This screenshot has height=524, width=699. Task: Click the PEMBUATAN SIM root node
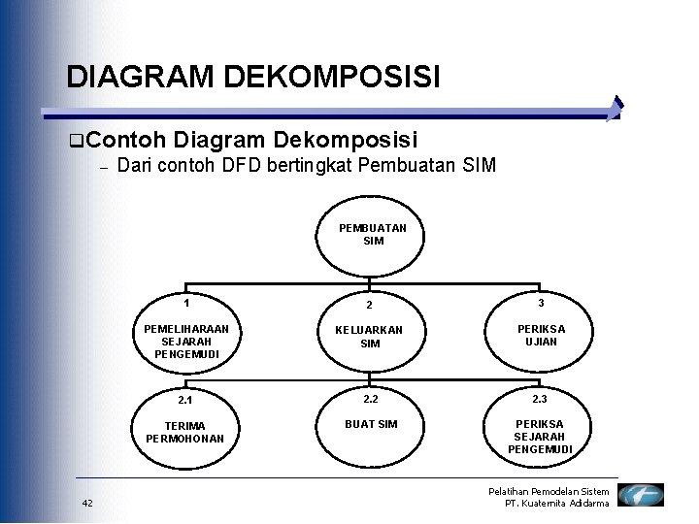point(373,234)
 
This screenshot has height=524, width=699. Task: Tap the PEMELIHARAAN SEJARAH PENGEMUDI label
point(185,342)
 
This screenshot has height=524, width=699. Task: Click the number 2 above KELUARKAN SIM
point(370,305)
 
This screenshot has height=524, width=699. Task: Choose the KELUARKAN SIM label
point(370,337)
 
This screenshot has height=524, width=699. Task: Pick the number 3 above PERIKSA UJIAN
point(540,303)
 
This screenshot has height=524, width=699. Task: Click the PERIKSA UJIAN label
point(540,336)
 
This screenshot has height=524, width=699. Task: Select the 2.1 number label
point(184,400)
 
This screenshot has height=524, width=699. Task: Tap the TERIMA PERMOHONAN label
point(184,433)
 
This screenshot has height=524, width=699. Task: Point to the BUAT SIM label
point(371,424)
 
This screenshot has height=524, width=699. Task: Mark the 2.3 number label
point(540,399)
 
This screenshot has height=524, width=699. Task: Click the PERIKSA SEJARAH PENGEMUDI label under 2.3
point(540,437)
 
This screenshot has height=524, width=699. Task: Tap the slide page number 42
point(87,502)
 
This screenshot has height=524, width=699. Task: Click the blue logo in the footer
point(641,495)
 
